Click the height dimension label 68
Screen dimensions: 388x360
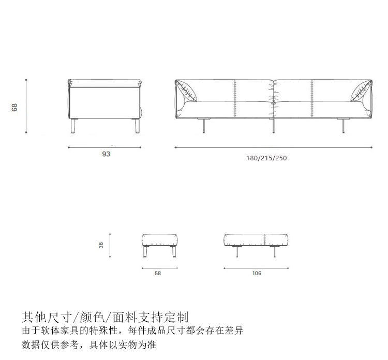click(x=15, y=107)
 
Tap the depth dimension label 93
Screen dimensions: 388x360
click(x=106, y=154)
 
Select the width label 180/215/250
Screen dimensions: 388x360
click(x=266, y=158)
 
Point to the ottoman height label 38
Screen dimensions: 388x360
click(x=101, y=245)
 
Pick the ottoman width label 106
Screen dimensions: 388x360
click(x=257, y=273)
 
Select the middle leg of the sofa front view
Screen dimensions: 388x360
click(x=273, y=126)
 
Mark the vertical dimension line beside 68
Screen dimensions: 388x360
click(x=26, y=107)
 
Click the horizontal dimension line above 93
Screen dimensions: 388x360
click(x=105, y=147)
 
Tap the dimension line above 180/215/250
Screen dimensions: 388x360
click(x=273, y=147)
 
